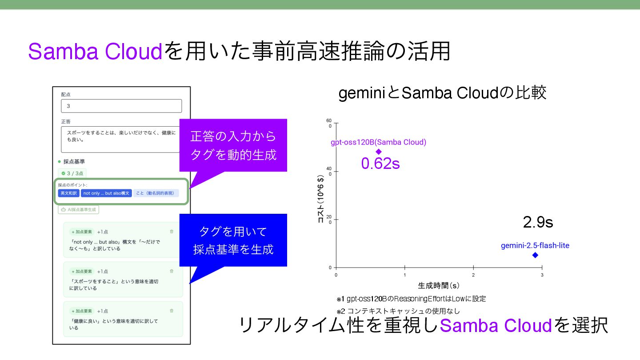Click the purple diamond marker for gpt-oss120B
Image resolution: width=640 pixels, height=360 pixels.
point(379,152)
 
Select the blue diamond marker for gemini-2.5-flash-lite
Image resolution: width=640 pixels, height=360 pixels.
point(535,255)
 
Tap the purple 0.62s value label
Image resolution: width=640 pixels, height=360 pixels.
point(380,164)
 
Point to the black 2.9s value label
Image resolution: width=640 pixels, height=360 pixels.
point(538,222)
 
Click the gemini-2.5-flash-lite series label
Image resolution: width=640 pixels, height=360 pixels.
point(535,245)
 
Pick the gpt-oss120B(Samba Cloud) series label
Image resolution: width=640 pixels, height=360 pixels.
point(378,142)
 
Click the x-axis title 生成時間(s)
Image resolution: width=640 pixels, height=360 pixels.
point(438,285)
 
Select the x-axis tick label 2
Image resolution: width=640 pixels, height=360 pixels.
point(473,275)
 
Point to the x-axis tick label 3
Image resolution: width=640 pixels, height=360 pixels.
point(542,275)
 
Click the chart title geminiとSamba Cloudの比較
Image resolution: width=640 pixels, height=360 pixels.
point(442,93)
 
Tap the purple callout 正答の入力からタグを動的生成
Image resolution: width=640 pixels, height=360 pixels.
point(233,145)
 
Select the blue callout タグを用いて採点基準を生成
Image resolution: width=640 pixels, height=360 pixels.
point(233,240)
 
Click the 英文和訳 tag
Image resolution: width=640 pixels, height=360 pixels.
point(68,193)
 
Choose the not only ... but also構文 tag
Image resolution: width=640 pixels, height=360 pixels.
point(106,193)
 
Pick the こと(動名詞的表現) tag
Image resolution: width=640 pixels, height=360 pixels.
point(156,193)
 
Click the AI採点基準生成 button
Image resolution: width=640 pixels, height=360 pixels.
point(79,210)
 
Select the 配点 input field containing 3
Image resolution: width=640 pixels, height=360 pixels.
point(121,106)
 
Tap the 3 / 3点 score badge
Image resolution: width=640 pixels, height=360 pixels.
point(72,173)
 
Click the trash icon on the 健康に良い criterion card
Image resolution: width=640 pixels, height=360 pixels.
point(172,311)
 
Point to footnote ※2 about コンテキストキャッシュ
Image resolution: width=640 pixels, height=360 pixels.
point(398,311)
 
